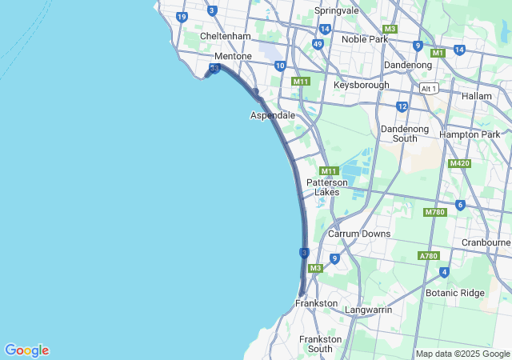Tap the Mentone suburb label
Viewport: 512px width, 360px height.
pos(233,57)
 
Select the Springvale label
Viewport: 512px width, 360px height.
pos(337,10)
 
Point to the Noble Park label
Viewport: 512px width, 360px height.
pos(365,39)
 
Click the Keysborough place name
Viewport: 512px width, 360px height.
pos(362,85)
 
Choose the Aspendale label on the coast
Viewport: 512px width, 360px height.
pos(273,115)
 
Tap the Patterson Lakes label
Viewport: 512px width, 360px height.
pos(327,187)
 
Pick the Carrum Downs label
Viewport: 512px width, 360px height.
pos(359,234)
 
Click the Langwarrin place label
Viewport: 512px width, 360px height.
pos(368,309)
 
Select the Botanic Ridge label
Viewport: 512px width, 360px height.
pos(454,293)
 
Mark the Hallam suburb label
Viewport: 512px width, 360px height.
pos(476,96)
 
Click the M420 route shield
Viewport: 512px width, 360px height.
pos(459,163)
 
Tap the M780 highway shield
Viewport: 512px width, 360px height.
pos(434,212)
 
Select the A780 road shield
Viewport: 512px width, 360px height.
pos(429,256)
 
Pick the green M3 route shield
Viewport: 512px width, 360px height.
pos(315,268)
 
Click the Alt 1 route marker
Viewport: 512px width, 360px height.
pos(430,88)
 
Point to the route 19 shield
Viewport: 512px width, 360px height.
pos(182,17)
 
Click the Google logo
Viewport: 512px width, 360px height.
pos(26,350)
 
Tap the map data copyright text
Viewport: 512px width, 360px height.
pos(462,354)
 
